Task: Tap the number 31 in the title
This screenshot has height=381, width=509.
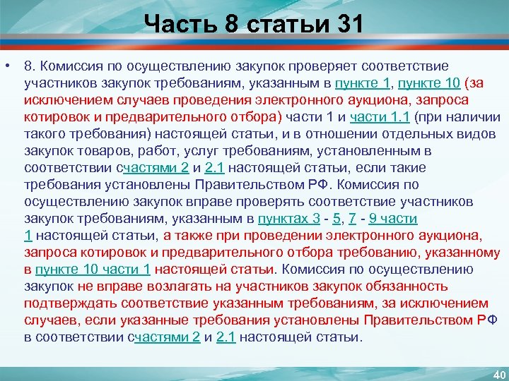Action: [346, 25]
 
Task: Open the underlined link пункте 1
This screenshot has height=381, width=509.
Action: [363, 83]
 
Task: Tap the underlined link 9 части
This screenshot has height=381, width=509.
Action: [395, 219]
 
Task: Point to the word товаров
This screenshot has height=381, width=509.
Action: [98, 151]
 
